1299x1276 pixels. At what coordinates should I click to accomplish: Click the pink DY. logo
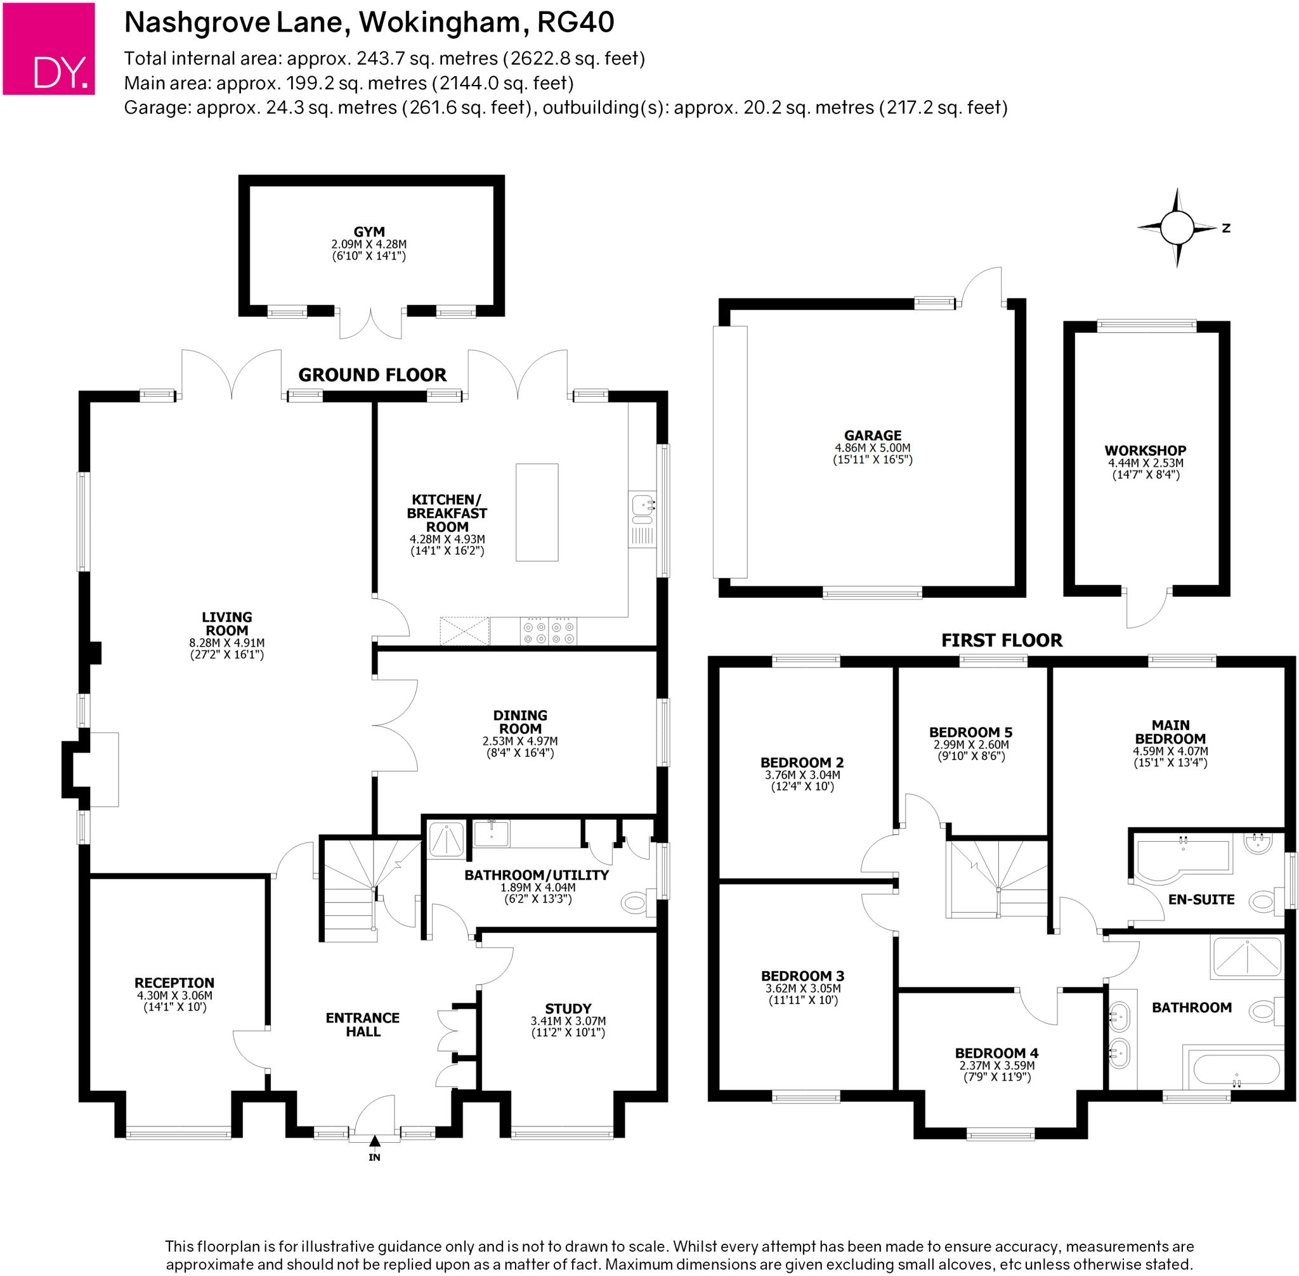coord(48,48)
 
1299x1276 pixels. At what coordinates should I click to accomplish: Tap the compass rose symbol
coord(1177,227)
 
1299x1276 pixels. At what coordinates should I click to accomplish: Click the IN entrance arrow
coord(374,1140)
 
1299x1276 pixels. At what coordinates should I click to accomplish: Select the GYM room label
coord(369,232)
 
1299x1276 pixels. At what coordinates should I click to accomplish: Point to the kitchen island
coord(537,512)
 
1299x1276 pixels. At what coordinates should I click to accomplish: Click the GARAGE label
coord(873,435)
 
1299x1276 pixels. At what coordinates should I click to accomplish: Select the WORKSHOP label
coord(1145,450)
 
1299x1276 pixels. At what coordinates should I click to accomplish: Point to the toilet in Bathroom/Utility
coord(636,903)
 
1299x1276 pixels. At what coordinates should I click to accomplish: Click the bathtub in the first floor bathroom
coord(1234,1071)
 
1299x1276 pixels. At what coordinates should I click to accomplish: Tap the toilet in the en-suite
coord(1262,901)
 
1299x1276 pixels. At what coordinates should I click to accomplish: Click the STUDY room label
coord(568,1009)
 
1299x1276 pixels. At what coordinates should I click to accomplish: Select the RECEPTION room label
coord(174,983)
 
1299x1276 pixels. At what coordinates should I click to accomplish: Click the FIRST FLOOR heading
coord(1002,640)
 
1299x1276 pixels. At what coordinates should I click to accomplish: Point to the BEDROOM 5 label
coord(970,733)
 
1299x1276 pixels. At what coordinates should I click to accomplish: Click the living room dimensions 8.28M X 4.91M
coord(226,643)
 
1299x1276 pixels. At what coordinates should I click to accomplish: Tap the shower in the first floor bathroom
coord(1247,958)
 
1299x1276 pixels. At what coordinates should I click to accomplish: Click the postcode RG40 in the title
coord(575,23)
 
